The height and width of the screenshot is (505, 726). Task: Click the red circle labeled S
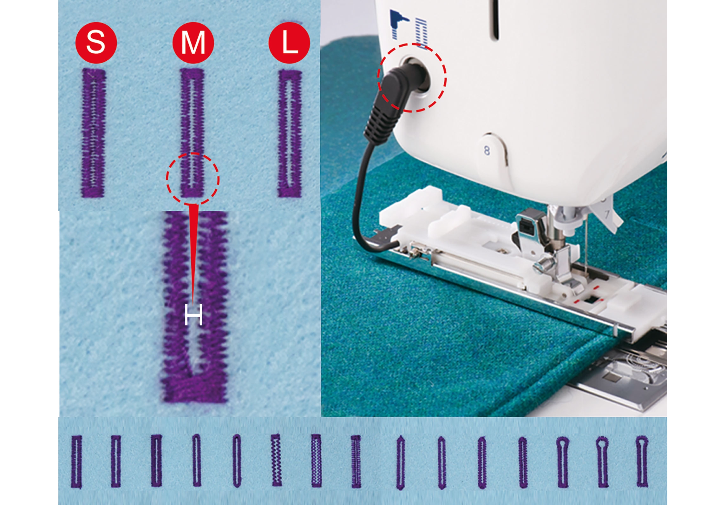click(96, 43)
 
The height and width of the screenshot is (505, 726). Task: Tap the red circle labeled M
click(193, 43)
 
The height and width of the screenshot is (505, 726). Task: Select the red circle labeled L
click(289, 43)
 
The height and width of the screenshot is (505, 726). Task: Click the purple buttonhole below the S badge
click(94, 133)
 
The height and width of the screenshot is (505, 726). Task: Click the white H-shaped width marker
click(193, 314)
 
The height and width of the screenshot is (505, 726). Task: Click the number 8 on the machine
click(487, 150)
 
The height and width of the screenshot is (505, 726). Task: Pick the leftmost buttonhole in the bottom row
click(76, 462)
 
